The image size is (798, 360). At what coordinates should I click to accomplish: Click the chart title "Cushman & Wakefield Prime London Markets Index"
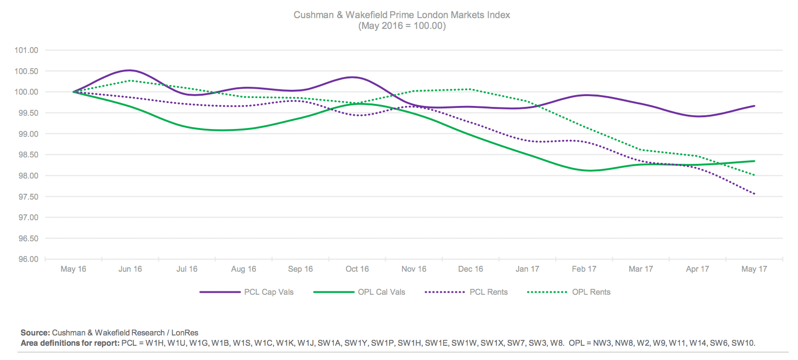[x=401, y=15]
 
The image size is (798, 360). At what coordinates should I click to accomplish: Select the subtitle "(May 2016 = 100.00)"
[x=401, y=26]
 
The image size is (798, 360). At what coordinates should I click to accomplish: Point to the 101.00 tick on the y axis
[x=26, y=50]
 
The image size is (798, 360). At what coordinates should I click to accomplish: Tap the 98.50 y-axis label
[x=26, y=154]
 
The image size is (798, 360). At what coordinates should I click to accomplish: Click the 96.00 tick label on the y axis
[x=26, y=259]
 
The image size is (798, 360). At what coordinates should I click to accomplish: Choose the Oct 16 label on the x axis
[x=357, y=269]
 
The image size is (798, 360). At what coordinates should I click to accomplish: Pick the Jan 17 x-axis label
[x=527, y=269]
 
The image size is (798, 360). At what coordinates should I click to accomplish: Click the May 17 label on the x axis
[x=754, y=269]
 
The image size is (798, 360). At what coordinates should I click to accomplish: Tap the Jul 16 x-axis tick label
[x=187, y=269]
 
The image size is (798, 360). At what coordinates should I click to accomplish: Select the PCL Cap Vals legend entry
[x=269, y=292]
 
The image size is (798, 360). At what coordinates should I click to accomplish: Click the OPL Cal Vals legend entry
[x=381, y=292]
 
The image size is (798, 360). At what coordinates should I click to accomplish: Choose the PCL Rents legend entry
[x=488, y=292]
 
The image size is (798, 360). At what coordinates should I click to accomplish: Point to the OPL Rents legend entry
[x=591, y=292]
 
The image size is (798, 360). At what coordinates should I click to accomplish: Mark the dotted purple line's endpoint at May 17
[x=754, y=194]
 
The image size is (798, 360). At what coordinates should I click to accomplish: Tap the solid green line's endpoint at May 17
[x=754, y=161]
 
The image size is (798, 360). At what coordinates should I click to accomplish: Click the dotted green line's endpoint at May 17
[x=754, y=175]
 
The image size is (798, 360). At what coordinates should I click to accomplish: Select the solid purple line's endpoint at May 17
[x=754, y=106]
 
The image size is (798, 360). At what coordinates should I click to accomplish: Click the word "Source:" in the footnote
[x=35, y=333]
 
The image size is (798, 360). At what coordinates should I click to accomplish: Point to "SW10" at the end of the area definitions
[x=743, y=343]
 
